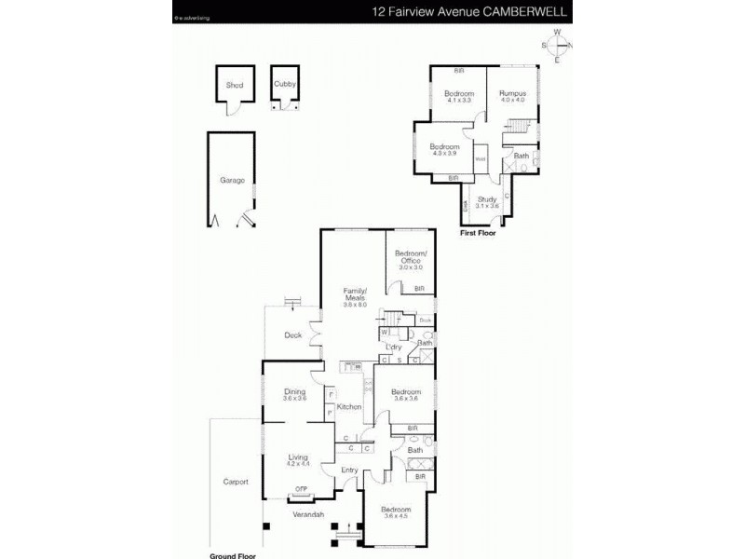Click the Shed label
click(x=234, y=85)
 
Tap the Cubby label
click(x=284, y=84)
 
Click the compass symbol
click(x=557, y=46)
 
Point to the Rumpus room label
click(x=512, y=94)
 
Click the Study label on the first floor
click(x=487, y=199)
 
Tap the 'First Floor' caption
click(x=479, y=234)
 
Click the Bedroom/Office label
click(x=411, y=257)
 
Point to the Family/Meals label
click(x=355, y=294)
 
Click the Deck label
click(x=292, y=335)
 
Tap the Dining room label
click(x=294, y=392)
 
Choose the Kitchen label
click(x=348, y=407)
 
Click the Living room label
click(x=298, y=457)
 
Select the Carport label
click(x=236, y=482)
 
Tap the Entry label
click(x=349, y=470)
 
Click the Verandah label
click(x=307, y=513)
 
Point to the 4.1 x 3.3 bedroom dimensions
click(x=459, y=101)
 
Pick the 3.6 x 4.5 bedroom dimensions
click(x=396, y=517)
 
